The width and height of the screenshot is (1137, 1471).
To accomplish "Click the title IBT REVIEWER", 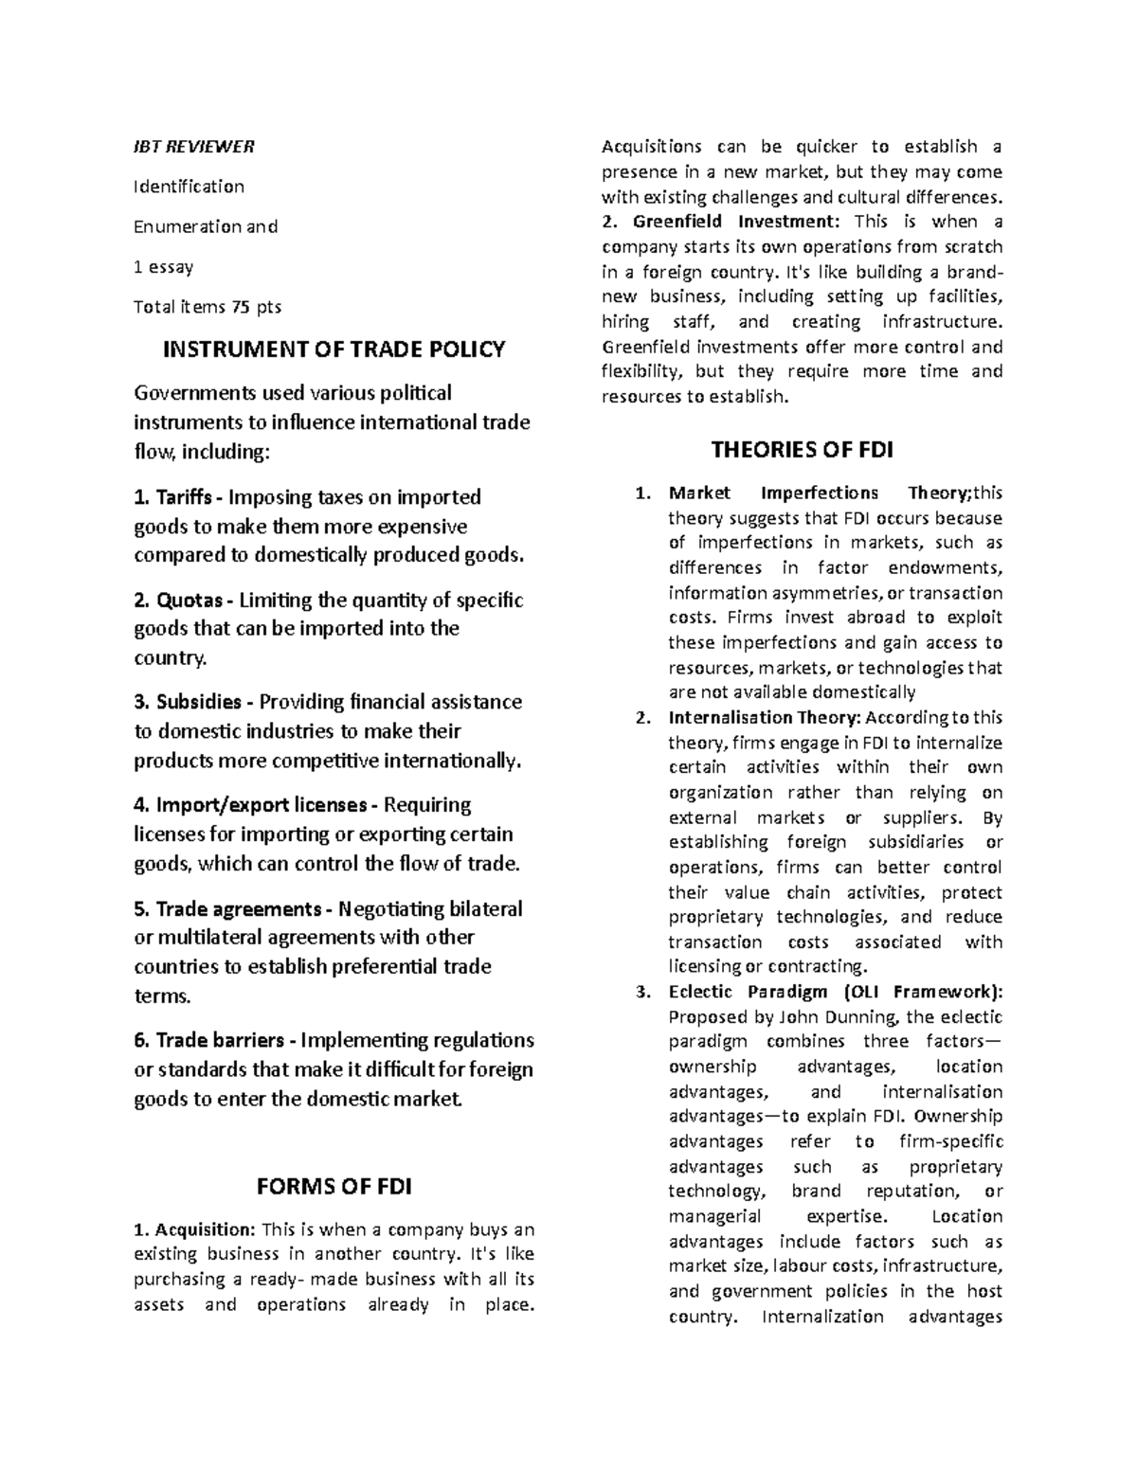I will click(193, 147).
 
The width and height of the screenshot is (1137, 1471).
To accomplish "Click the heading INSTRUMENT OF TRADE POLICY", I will click(334, 350).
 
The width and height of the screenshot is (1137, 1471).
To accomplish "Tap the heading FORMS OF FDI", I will click(334, 1187).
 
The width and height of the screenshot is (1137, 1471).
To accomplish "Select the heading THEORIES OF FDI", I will click(802, 449).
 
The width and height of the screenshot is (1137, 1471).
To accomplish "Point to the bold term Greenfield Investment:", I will click(735, 222).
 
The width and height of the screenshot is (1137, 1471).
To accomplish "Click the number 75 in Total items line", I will click(242, 307).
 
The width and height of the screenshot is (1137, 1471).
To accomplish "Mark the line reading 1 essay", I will click(163, 267).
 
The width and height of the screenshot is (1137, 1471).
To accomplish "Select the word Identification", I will click(189, 187).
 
